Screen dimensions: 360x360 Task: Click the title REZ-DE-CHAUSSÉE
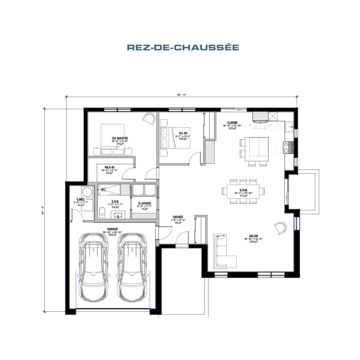click(x=183, y=47)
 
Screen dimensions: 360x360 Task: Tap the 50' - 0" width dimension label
click(x=182, y=95)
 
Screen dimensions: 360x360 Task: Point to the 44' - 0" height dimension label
click(x=43, y=210)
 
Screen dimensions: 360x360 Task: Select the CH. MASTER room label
click(x=120, y=138)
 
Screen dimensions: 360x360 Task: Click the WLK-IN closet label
click(x=109, y=167)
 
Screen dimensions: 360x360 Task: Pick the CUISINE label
click(x=232, y=123)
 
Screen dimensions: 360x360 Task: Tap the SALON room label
click(x=253, y=236)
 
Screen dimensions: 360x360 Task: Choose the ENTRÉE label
click(x=178, y=217)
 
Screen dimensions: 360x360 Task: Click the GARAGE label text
click(x=112, y=229)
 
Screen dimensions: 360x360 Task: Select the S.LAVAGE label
click(x=144, y=203)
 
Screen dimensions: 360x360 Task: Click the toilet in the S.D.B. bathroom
click(x=102, y=213)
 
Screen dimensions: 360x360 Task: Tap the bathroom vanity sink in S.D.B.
click(x=118, y=215)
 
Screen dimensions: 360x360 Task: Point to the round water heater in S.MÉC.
click(x=87, y=192)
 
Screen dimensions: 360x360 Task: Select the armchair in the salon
click(x=281, y=228)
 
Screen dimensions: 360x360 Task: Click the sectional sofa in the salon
click(x=222, y=251)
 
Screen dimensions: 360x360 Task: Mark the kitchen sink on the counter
click(x=289, y=127)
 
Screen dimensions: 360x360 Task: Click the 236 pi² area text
click(x=254, y=242)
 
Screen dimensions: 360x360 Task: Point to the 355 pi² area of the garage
click(x=112, y=235)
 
